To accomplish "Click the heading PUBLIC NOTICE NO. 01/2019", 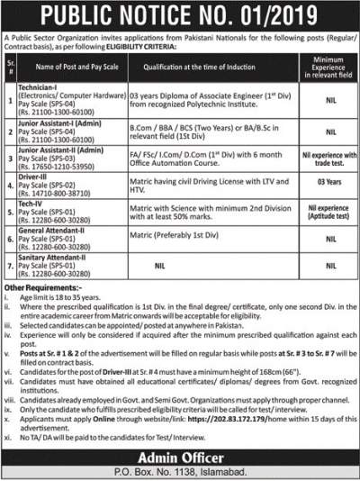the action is [x=180, y=15].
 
